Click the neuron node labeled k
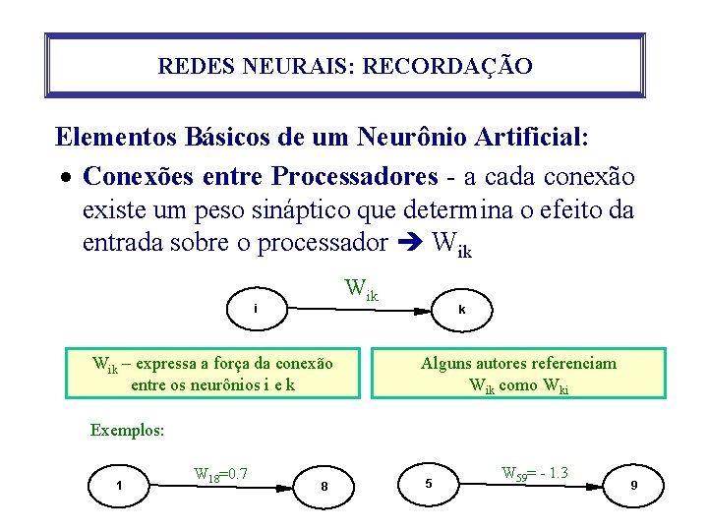tap(461, 309)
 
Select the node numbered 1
tap(119, 484)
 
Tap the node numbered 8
tap(324, 486)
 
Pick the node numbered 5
tap(428, 483)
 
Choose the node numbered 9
tap(634, 485)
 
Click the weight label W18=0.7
tap(221, 475)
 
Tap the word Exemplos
tap(127, 430)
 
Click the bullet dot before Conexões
tap(64, 179)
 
